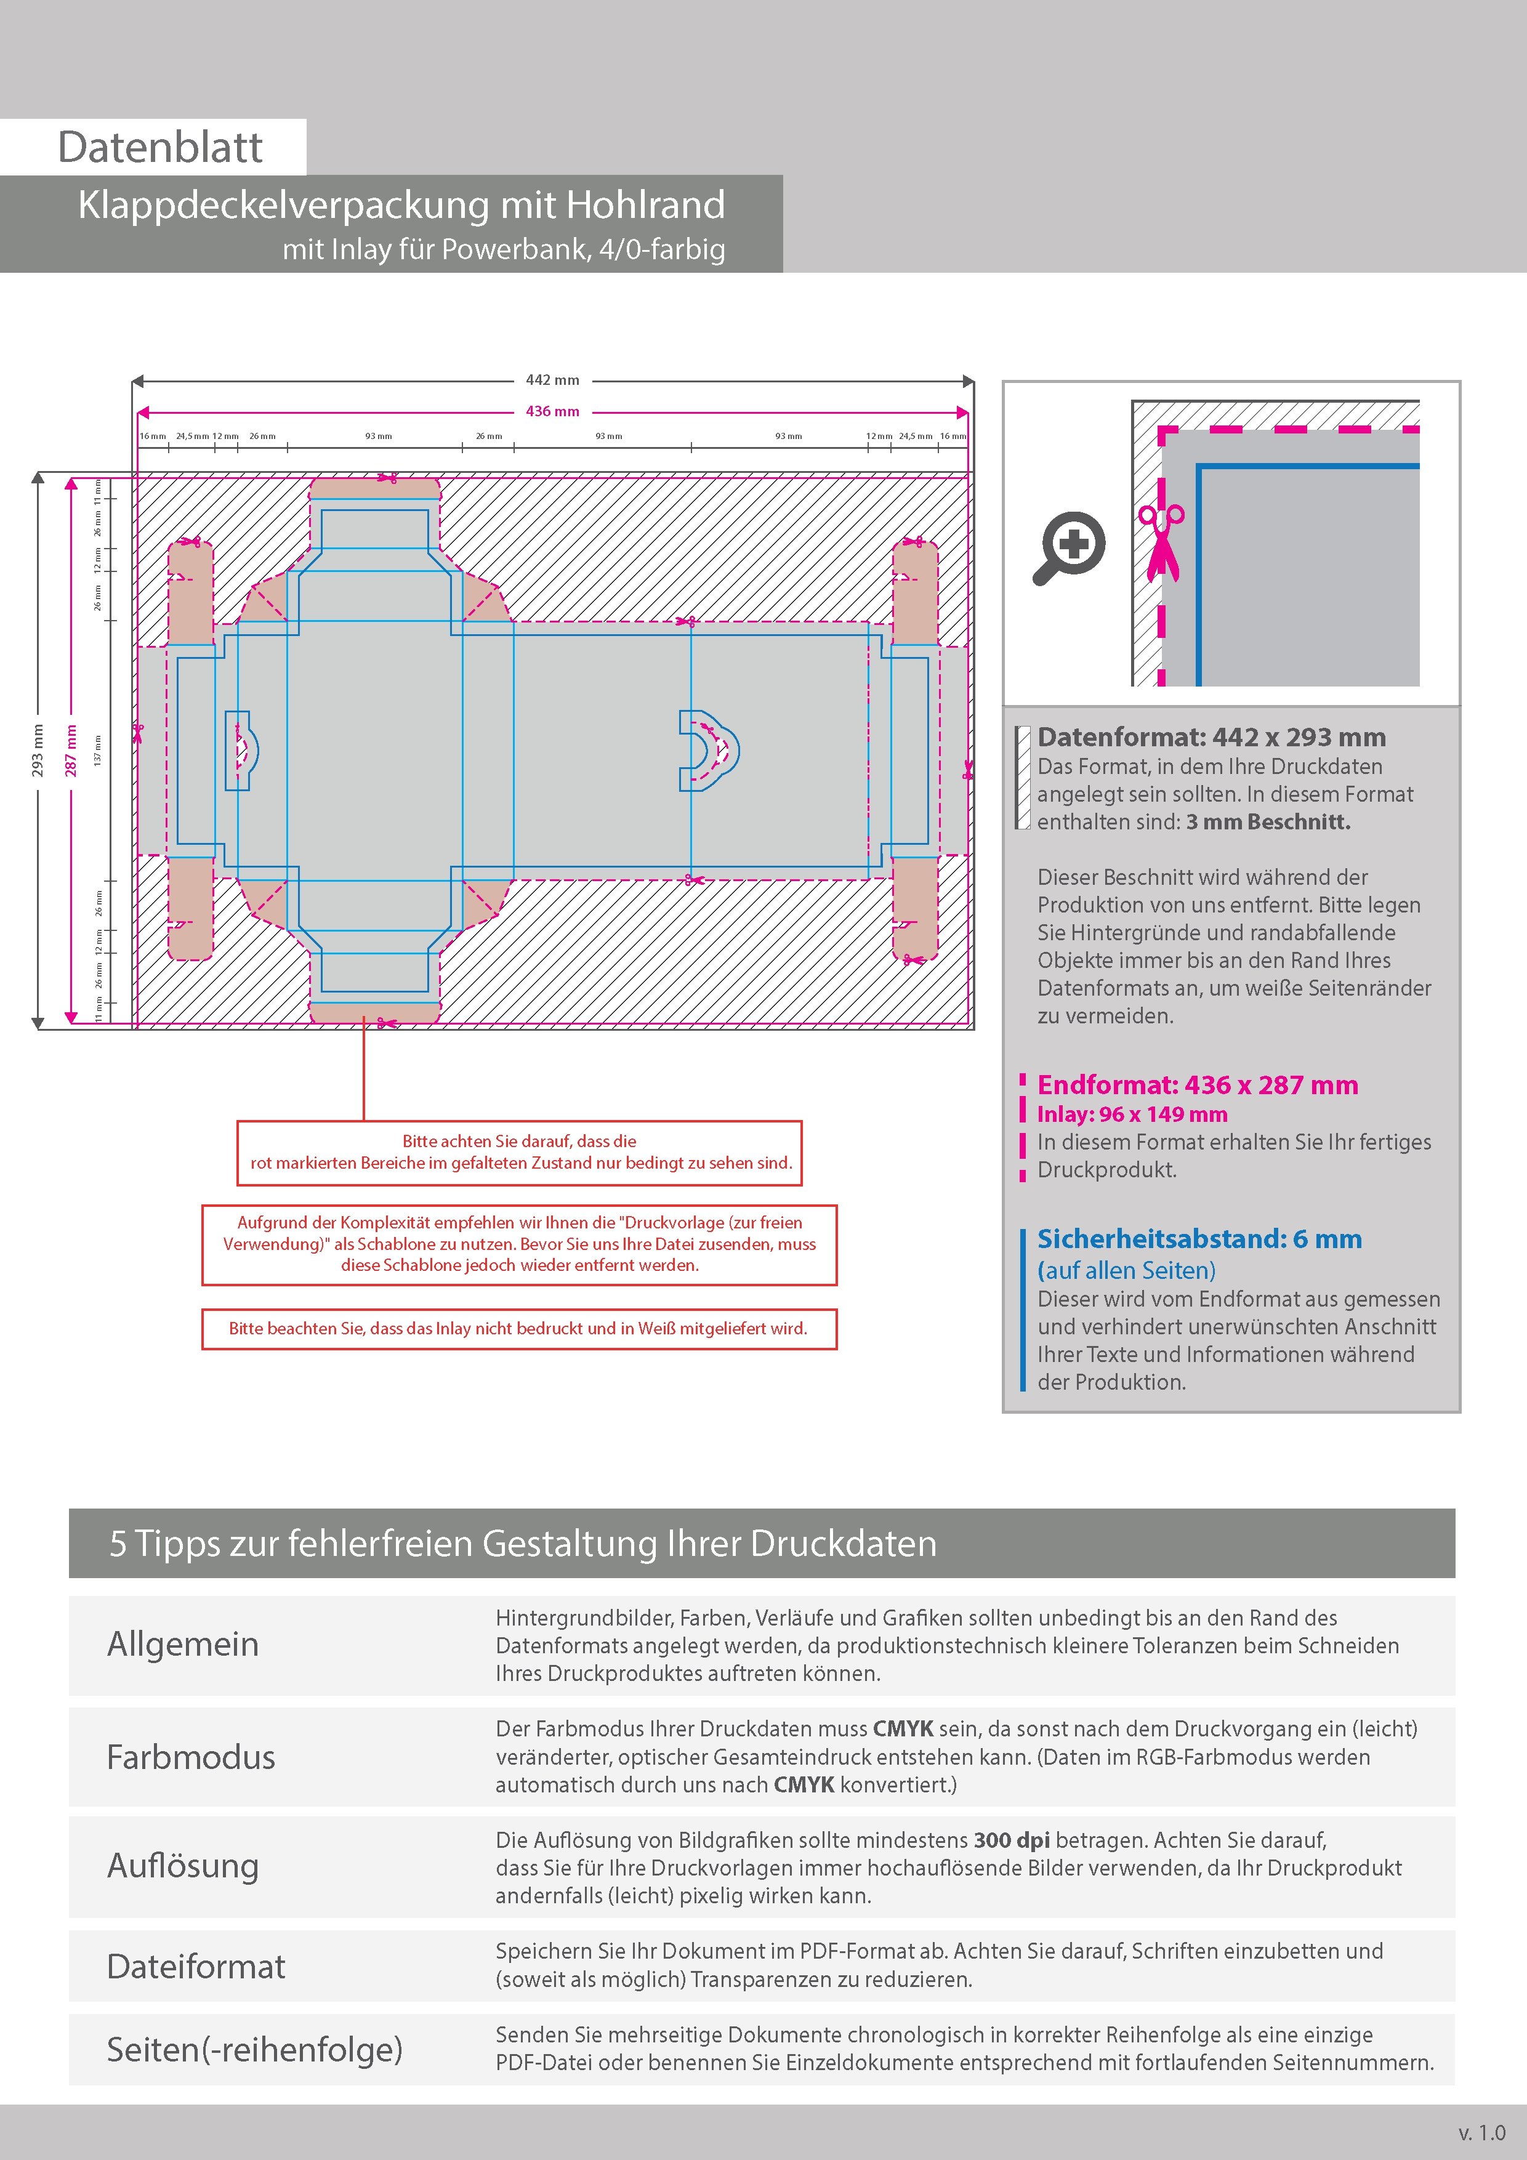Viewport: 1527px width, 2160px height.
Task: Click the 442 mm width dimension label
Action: tap(552, 380)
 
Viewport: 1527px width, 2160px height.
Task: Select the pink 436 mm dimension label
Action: tap(552, 411)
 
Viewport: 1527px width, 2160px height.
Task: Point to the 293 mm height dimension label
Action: tap(38, 750)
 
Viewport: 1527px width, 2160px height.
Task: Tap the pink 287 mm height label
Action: tap(71, 750)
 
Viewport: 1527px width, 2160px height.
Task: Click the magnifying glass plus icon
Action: tap(1070, 547)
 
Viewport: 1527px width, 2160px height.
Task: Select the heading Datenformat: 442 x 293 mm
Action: tap(1211, 738)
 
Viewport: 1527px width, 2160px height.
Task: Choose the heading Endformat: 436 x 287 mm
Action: tap(1197, 1085)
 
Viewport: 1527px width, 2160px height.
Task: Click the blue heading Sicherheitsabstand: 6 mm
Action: tap(1199, 1239)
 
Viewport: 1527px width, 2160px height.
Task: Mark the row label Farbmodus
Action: tap(191, 1757)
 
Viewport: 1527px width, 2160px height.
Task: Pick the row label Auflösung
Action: tap(182, 1866)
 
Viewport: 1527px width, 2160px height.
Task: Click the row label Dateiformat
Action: tap(196, 1966)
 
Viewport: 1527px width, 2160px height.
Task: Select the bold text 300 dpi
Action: tap(1012, 1840)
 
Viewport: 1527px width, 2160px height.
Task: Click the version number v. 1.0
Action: tap(1482, 2133)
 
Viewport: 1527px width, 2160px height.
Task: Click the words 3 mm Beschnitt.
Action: tap(1267, 822)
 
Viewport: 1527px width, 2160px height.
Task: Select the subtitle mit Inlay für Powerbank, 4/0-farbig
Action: tap(503, 250)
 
